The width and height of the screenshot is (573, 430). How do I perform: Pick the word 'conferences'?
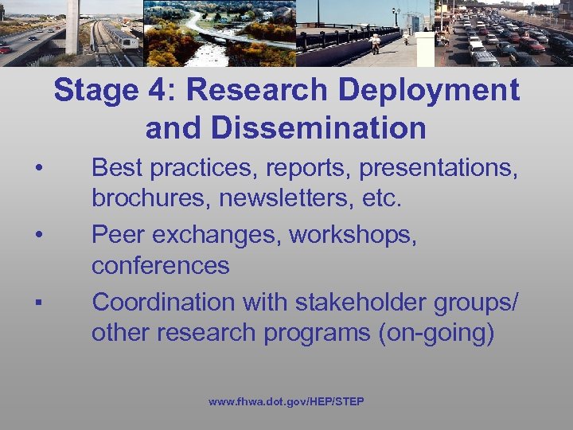point(160,265)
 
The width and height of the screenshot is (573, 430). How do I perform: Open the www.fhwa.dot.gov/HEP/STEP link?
point(286,401)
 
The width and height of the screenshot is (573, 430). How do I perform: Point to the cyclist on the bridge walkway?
point(375,42)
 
